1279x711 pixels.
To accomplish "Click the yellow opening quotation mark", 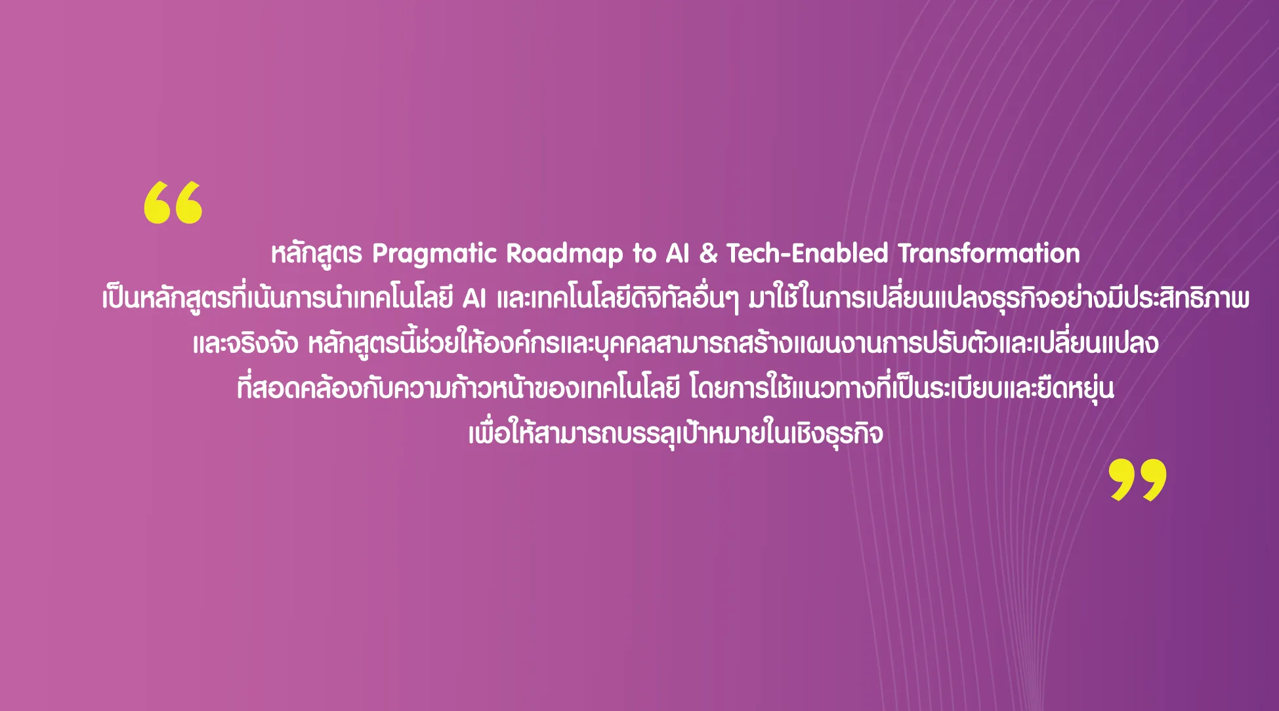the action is [173, 203].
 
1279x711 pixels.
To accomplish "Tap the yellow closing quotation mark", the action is [1138, 480].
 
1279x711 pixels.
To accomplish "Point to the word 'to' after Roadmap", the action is [644, 254].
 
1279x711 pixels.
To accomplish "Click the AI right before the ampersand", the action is [678, 253].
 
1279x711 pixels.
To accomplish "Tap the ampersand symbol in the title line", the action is [708, 253].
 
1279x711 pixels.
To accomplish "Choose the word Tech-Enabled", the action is [807, 253].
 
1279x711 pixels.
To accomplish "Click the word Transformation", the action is [989, 253].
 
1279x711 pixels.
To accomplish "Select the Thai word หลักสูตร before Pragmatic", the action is [316, 254].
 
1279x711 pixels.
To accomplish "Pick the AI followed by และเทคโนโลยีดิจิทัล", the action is [474, 299].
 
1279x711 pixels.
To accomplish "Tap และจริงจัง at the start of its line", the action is [245, 344].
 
